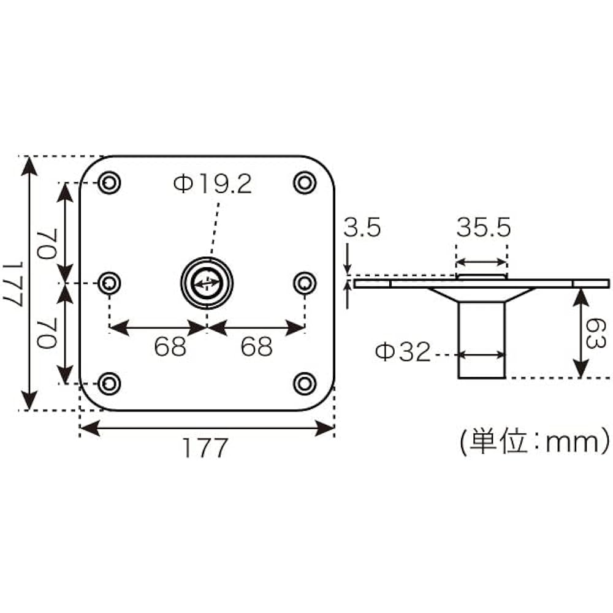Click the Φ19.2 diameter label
[213, 184]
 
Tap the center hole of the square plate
[207, 283]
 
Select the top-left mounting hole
[110, 183]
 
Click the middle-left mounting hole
[110, 283]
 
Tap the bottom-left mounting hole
[110, 383]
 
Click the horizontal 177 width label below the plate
[205, 448]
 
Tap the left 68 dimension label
[170, 348]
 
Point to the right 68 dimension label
[256, 348]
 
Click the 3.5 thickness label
[362, 229]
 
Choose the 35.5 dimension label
[483, 229]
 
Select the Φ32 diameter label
[403, 352]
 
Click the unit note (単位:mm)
[534, 441]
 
